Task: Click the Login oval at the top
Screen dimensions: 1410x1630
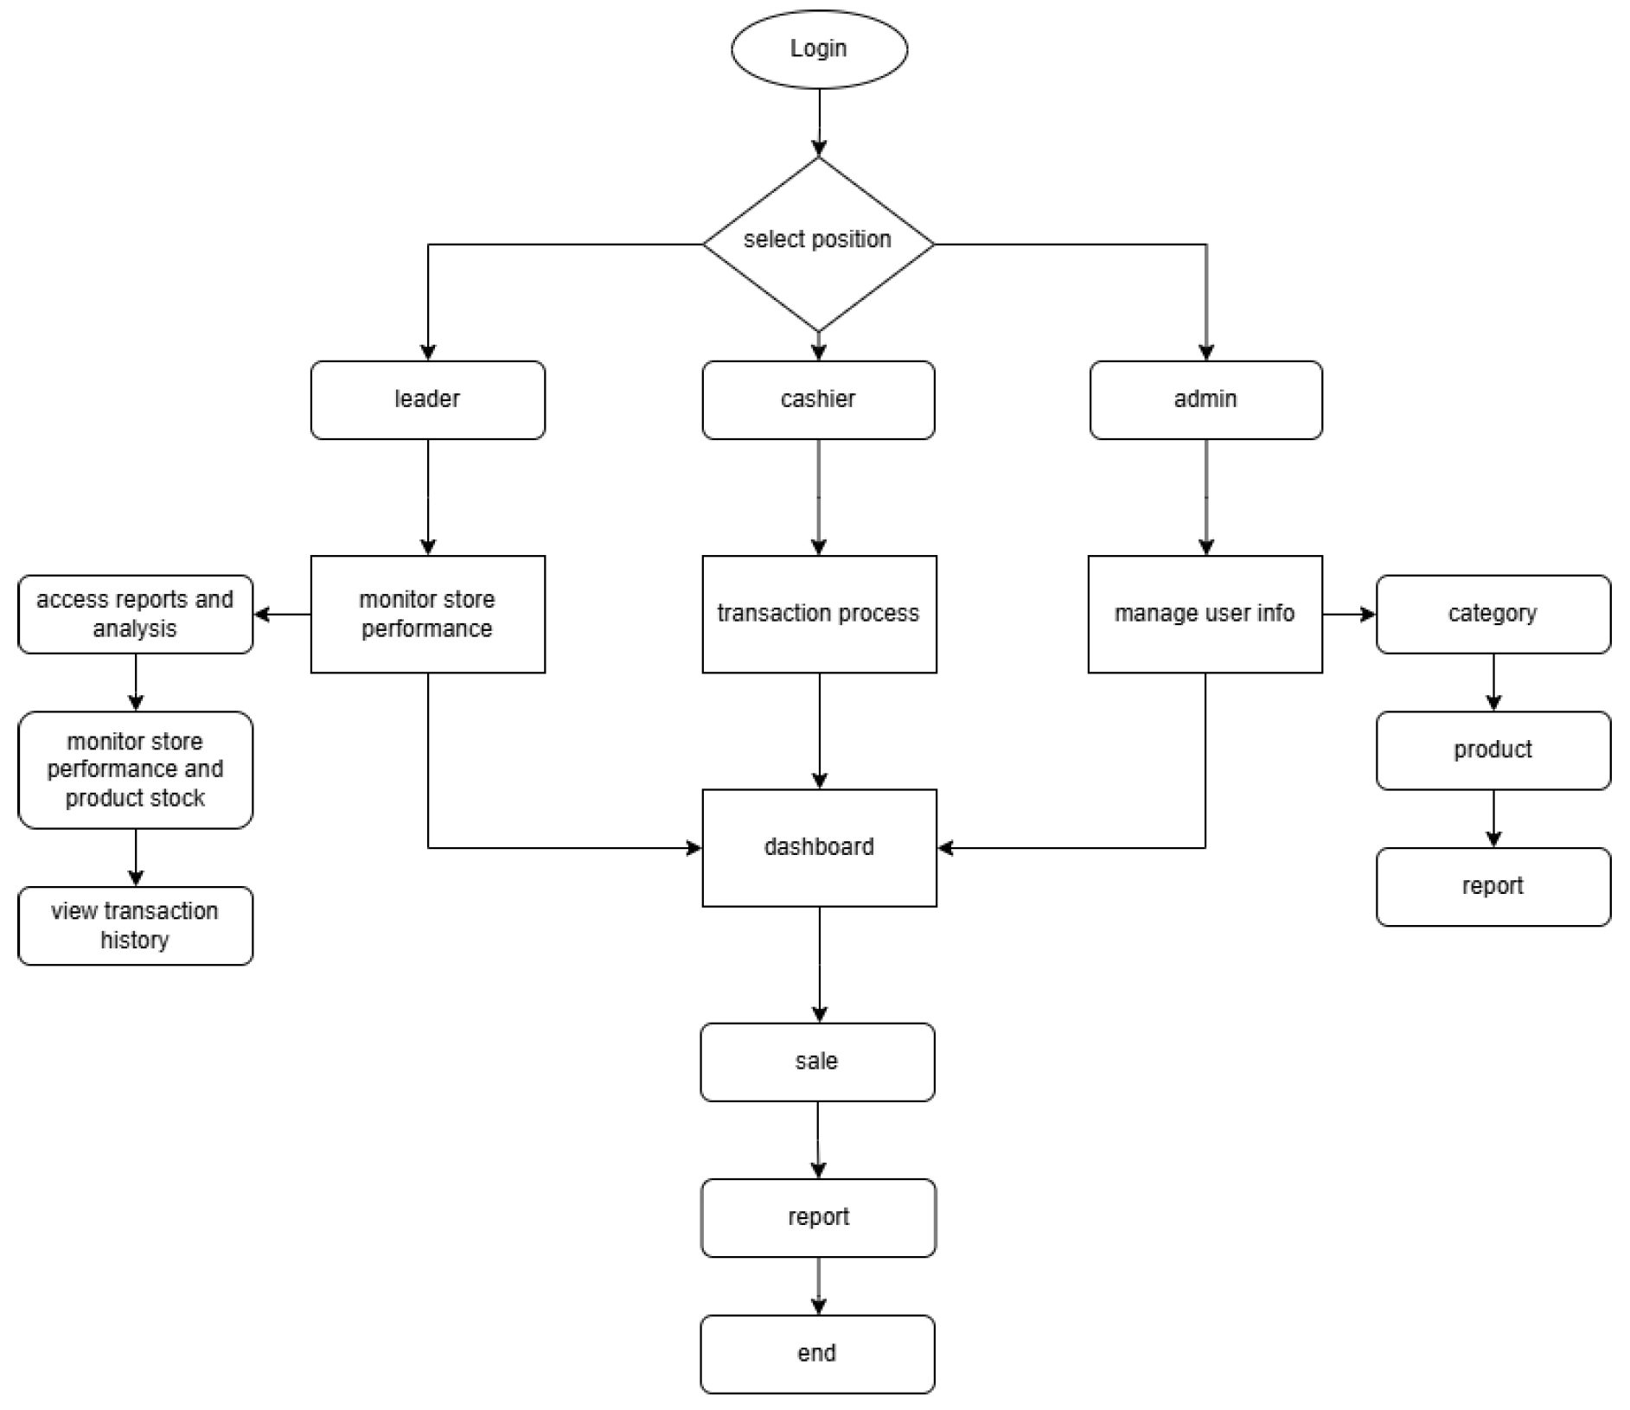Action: click(819, 48)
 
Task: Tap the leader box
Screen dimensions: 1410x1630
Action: click(427, 399)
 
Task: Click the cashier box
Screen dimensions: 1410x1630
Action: click(818, 399)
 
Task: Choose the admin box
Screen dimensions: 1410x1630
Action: click(1205, 399)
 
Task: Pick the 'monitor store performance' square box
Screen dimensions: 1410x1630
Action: click(427, 614)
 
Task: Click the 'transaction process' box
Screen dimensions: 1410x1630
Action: click(819, 614)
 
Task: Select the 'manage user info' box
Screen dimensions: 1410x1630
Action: click(1205, 614)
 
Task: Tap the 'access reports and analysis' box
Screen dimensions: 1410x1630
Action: click(135, 614)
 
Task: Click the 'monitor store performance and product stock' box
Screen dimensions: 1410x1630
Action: click(135, 769)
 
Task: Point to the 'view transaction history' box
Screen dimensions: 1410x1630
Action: click(135, 925)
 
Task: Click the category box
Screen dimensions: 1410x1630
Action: click(1493, 614)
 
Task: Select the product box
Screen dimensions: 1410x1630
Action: click(1493, 750)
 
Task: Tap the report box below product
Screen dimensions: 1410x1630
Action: click(1493, 886)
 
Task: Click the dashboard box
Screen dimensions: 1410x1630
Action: click(819, 847)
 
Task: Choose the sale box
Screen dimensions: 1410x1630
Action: click(817, 1062)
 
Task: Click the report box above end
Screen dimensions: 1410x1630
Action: click(818, 1217)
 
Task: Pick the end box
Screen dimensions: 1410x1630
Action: click(817, 1354)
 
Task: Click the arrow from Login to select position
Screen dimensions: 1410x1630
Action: click(819, 122)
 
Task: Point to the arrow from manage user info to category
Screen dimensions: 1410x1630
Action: click(1348, 614)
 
